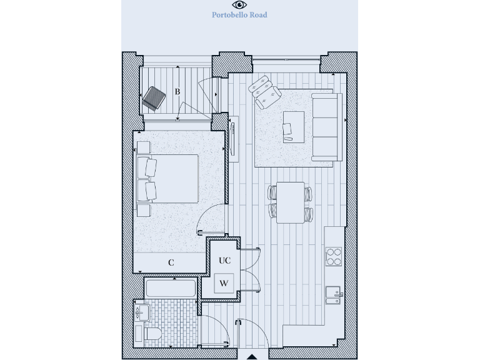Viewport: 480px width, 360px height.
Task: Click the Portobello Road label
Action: point(239,15)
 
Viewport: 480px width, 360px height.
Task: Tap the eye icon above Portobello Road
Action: point(239,4)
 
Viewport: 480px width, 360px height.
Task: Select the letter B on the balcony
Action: point(177,92)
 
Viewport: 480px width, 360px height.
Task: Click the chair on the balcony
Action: point(153,98)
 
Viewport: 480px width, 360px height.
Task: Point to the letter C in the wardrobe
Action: point(171,263)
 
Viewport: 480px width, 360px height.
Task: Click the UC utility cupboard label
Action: point(224,261)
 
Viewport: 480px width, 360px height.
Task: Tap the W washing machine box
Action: point(224,282)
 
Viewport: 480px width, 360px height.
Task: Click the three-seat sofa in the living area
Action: point(326,126)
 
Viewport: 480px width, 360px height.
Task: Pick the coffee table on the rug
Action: point(293,127)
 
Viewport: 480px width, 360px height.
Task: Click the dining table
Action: point(291,202)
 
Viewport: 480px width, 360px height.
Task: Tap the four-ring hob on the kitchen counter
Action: point(334,257)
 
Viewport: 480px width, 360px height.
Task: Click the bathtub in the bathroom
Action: point(171,288)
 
